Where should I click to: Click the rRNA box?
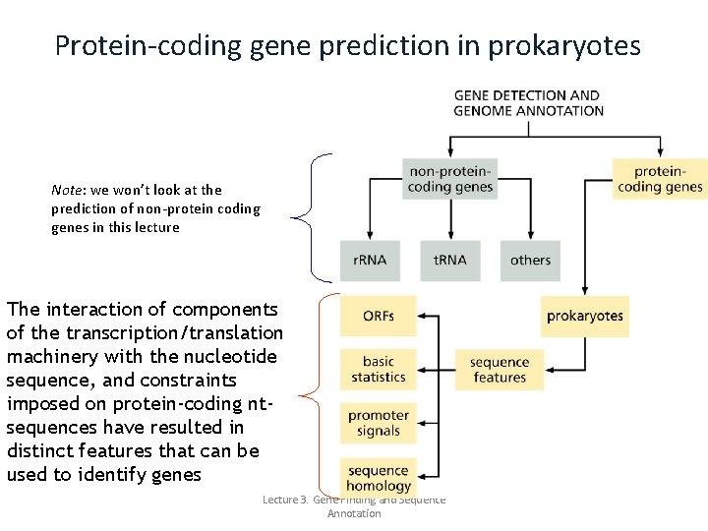[370, 260]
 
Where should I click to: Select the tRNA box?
[449, 260]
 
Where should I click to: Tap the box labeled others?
[530, 260]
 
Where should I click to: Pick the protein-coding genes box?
[660, 179]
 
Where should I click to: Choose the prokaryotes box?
[585, 316]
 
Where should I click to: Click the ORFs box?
[379, 316]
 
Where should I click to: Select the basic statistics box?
[379, 370]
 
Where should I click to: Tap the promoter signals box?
[379, 423]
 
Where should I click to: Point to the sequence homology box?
[379, 478]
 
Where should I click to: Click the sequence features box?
[499, 370]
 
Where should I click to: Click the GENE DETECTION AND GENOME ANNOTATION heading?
[528, 103]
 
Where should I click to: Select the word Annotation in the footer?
[354, 513]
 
